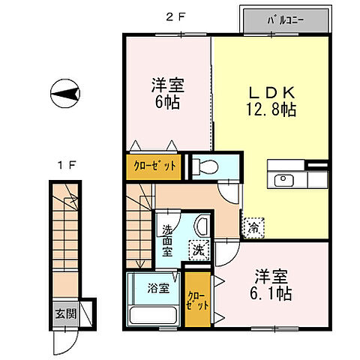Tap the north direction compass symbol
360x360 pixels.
65,95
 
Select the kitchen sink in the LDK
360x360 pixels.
284,180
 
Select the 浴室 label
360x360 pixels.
157,286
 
